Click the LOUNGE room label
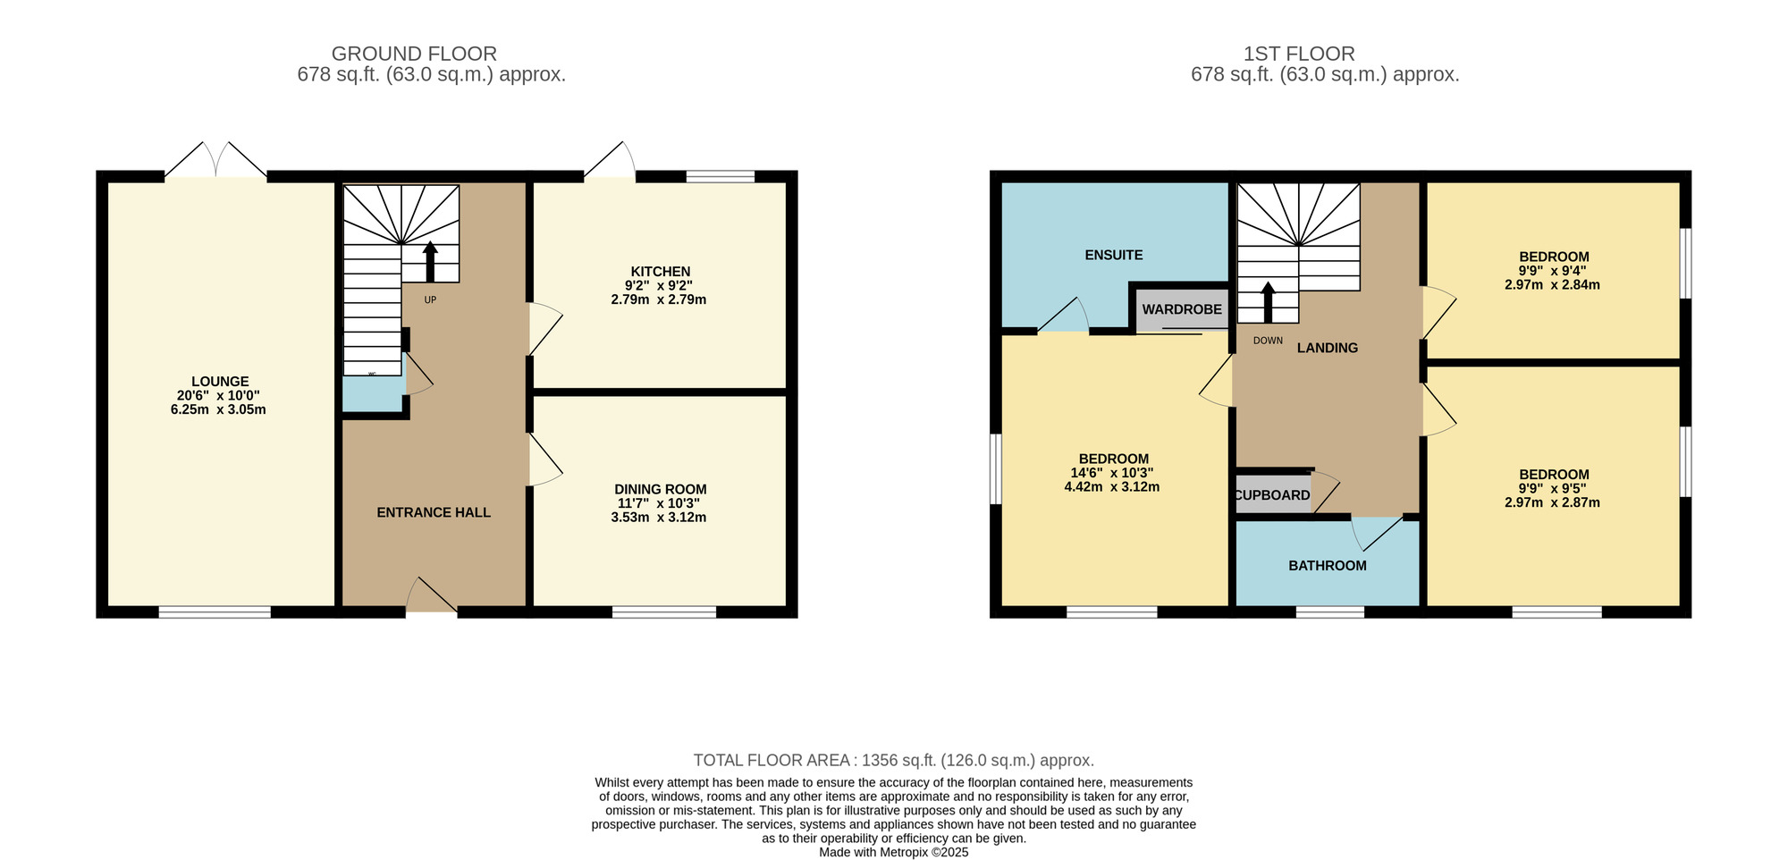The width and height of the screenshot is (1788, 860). [x=220, y=382]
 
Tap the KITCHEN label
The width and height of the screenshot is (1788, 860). [x=661, y=272]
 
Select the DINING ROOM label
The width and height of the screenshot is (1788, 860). [x=661, y=490]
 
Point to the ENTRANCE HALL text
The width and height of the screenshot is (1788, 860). [x=434, y=512]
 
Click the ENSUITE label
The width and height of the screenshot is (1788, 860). [x=1114, y=255]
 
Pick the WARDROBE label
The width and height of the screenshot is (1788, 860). [x=1182, y=309]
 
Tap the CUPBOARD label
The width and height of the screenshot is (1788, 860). [x=1272, y=495]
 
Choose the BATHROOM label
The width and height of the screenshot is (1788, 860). [x=1328, y=566]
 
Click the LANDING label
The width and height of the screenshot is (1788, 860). [x=1328, y=348]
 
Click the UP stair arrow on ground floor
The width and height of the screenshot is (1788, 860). [x=430, y=261]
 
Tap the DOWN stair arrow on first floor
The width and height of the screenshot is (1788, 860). [x=1268, y=302]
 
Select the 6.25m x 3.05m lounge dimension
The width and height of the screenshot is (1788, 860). [x=218, y=410]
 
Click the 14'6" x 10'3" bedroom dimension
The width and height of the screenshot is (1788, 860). [x=1112, y=473]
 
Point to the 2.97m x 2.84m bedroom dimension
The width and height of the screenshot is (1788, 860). [x=1552, y=285]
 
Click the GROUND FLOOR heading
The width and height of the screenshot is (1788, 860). [x=414, y=54]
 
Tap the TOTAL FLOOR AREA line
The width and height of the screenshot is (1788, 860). [x=894, y=761]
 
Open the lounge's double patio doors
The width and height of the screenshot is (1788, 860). [x=216, y=161]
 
